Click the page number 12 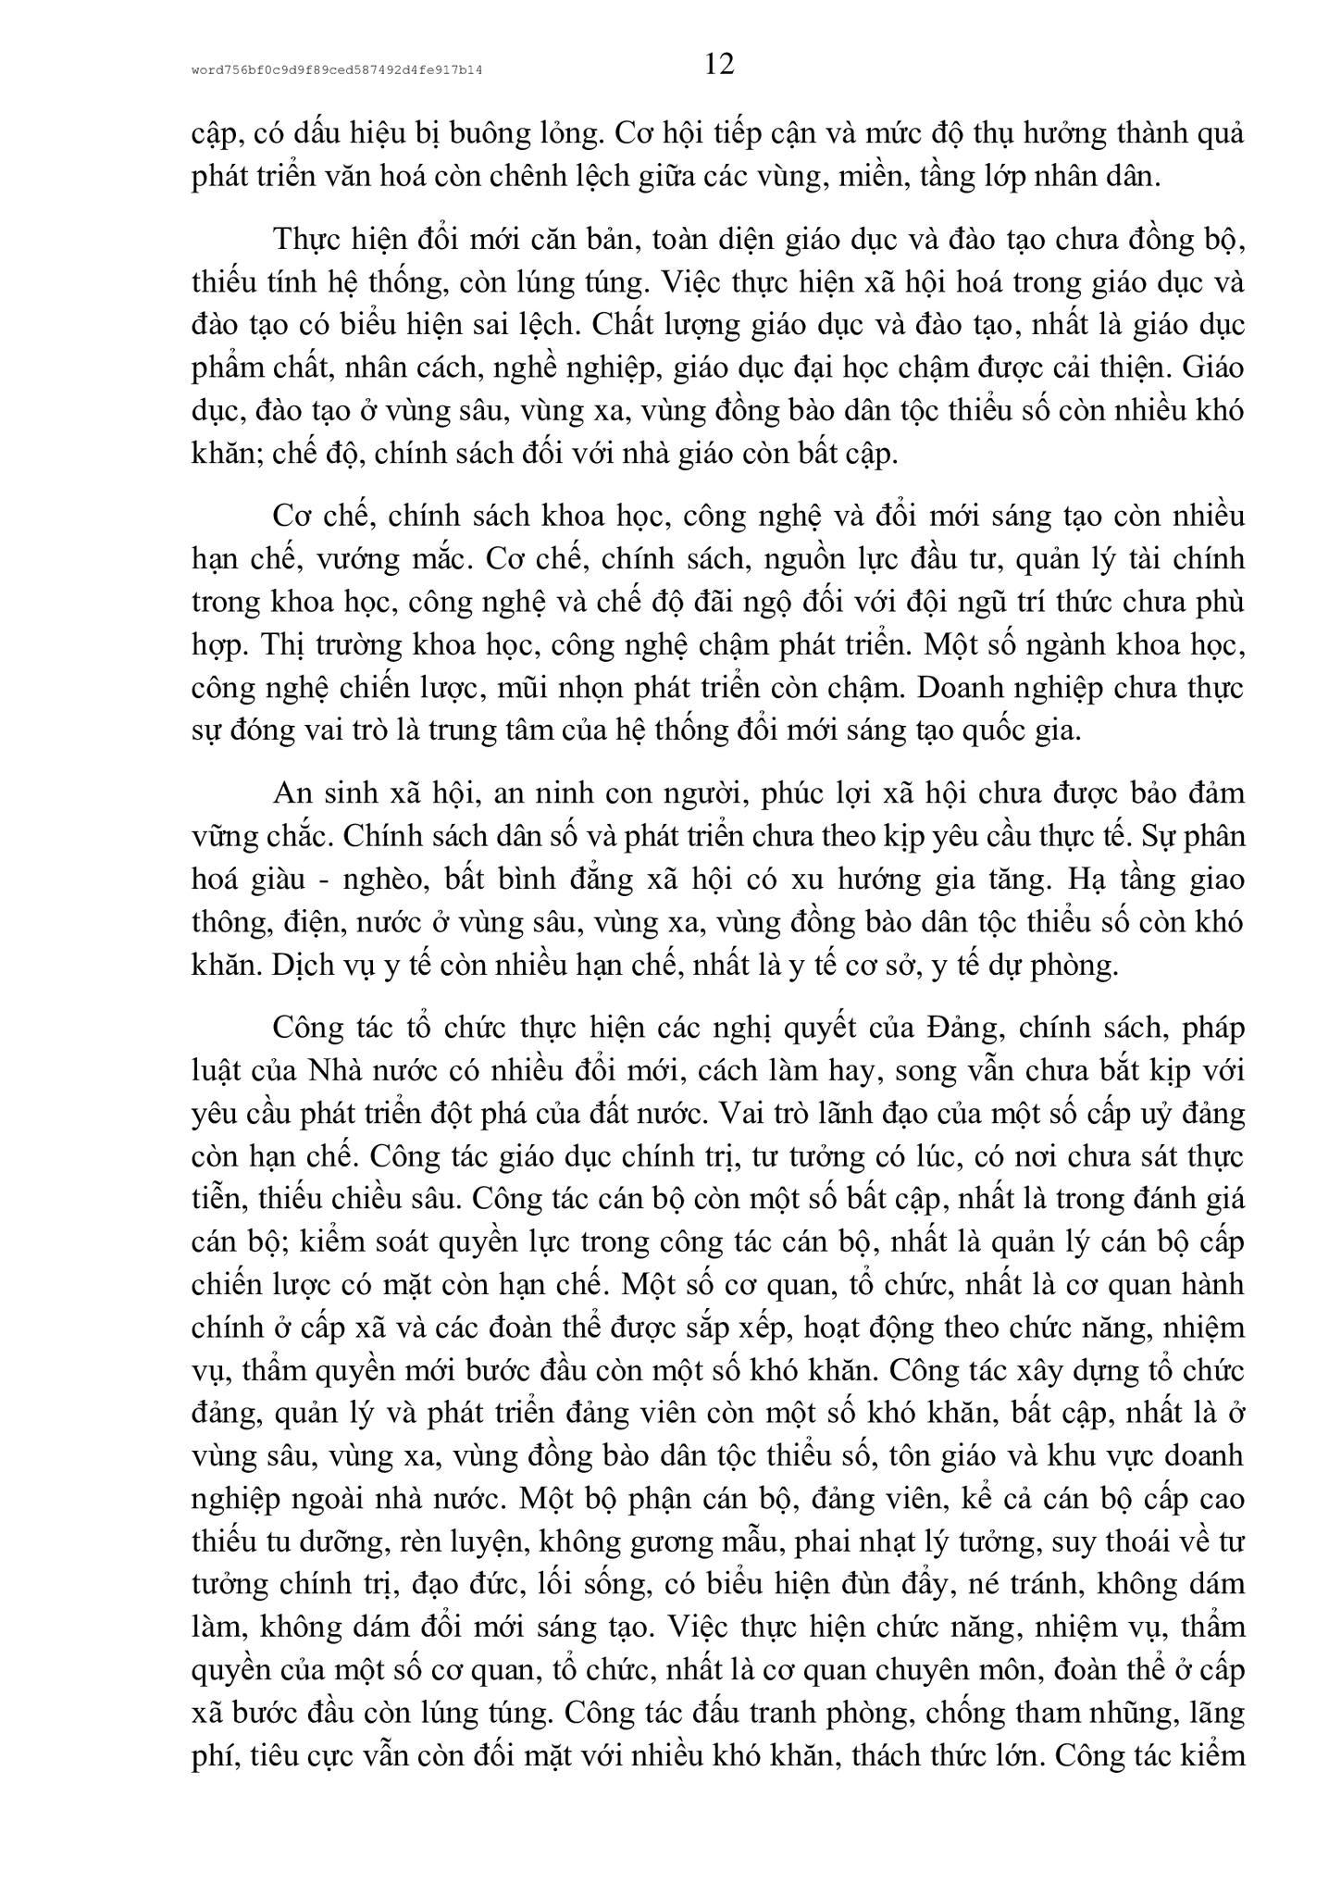pyautogui.click(x=718, y=64)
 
